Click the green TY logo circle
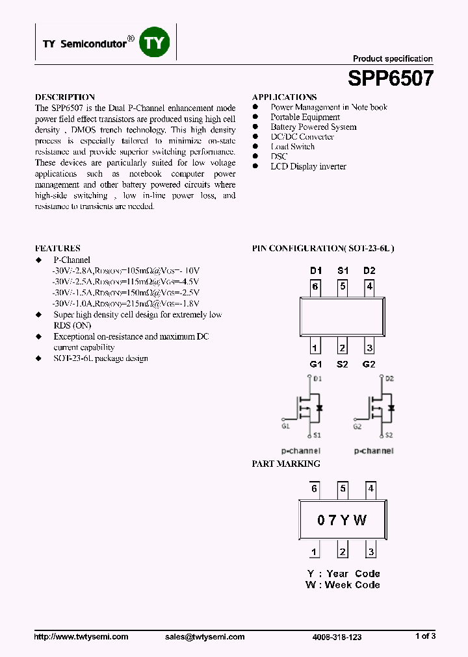[156, 43]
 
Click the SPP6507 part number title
[390, 79]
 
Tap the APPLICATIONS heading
[284, 97]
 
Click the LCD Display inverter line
[308, 166]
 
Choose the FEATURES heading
[57, 248]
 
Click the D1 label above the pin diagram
[315, 271]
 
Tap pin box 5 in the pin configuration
[343, 286]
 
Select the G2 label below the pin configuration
[369, 364]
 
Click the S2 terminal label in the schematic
[389, 435]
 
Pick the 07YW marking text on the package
[342, 520]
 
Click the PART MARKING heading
[286, 464]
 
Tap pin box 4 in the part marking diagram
[370, 489]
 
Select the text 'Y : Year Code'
[343, 573]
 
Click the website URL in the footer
[81, 637]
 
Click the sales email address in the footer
[205, 637]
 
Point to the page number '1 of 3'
[425, 636]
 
